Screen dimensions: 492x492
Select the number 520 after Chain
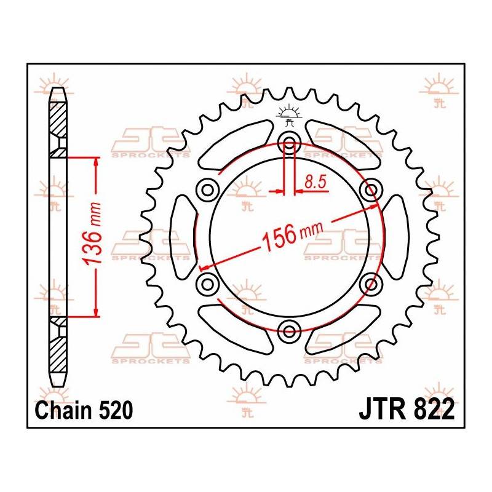coord(111,410)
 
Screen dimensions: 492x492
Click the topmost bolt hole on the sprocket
coord(289,143)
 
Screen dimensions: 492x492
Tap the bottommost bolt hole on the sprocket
coord(289,332)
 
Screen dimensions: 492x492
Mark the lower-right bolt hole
coord(371,284)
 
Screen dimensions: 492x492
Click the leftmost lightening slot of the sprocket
coord(182,237)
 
